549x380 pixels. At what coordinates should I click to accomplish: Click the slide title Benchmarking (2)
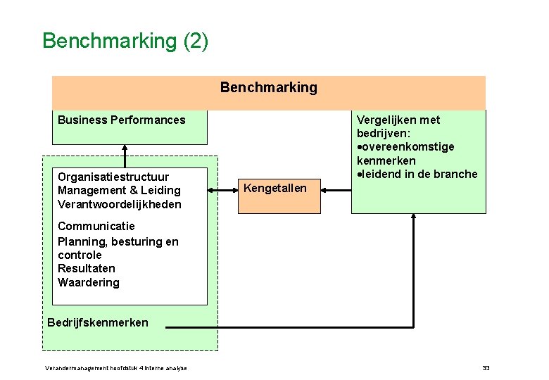coord(125,41)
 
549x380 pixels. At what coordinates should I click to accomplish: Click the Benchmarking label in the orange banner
coord(269,88)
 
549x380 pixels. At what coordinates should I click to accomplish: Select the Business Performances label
coord(121,120)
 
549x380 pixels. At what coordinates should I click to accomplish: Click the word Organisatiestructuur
coord(113,177)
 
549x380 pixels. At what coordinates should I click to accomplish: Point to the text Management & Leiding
coord(119,191)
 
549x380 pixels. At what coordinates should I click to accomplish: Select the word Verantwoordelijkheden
coord(120,204)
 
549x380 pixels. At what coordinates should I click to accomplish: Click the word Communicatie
coord(96,227)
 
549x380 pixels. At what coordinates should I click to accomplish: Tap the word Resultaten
coord(87,269)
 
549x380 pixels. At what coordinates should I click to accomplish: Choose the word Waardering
coord(89,283)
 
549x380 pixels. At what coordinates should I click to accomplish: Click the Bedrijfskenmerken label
coord(98,323)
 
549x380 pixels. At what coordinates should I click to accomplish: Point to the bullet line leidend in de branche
coord(418,175)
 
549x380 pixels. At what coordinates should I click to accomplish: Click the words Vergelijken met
coord(398,120)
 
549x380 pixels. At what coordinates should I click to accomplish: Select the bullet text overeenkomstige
coord(408,147)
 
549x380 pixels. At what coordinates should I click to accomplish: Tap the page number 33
coord(486,368)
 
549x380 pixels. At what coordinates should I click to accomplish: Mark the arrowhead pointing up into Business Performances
coord(125,148)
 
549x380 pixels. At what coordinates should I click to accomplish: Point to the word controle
coord(80,255)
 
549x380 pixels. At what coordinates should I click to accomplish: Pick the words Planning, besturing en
coord(118,241)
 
